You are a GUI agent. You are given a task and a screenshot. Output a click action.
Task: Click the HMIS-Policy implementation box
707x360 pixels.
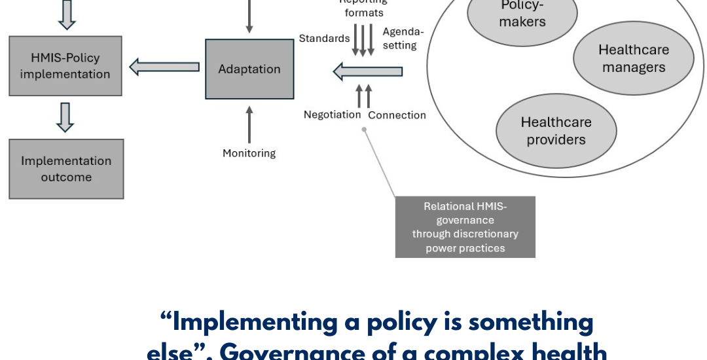tap(65, 66)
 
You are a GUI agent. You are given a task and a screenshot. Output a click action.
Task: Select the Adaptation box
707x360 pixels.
tap(249, 69)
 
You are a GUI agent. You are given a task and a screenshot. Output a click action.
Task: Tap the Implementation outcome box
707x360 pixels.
tap(66, 169)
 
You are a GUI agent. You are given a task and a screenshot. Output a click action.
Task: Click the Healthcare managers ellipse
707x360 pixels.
tap(633, 59)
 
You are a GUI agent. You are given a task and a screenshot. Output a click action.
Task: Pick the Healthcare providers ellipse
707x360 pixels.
tap(556, 130)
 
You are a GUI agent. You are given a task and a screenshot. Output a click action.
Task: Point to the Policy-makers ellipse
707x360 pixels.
tap(522, 14)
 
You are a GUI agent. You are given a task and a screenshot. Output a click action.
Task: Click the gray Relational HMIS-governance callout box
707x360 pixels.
tap(465, 227)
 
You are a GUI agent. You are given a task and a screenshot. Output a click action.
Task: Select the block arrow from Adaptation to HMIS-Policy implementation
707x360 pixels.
tap(164, 66)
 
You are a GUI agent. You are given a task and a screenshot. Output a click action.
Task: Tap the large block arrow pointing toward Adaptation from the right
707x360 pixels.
tap(367, 71)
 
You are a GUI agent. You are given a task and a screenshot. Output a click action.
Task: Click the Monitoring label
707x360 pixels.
tap(249, 153)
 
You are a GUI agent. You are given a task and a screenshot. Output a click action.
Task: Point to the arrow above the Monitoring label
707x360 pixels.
tap(249, 124)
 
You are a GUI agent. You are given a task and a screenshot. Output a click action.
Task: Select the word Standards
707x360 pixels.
tap(324, 39)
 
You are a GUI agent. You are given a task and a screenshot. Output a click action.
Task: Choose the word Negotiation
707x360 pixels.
tap(332, 115)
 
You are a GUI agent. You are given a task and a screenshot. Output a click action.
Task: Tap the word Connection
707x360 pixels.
tap(397, 115)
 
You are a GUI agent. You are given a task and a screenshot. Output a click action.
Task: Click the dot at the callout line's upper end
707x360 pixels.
tap(365, 129)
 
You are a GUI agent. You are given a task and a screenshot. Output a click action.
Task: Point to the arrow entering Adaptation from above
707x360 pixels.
tap(249, 16)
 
